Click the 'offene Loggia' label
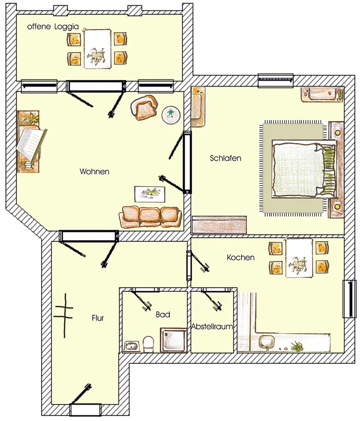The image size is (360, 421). pos(53,26)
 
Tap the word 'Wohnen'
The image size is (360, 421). pos(94,171)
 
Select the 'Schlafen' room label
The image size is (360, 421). pos(226,158)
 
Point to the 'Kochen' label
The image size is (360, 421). pos(241,258)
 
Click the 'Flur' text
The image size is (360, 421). pos(98,318)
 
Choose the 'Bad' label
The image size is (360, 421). pos(163,315)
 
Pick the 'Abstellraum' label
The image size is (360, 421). pos(212,327)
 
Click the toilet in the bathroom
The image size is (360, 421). pos(148,344)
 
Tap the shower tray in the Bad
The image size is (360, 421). pos(173,340)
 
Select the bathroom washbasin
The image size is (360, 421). pos(132,346)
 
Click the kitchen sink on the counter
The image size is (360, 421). pos(266,342)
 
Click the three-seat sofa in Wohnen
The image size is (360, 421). pos(150,217)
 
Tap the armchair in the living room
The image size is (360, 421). pos(144,107)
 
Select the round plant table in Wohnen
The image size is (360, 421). pos(171,115)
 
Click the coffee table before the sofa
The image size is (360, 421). pos(150,194)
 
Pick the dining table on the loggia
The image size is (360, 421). pos(98,49)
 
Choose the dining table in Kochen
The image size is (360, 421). pos(299,258)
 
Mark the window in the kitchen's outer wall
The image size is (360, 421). pos(350,299)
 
